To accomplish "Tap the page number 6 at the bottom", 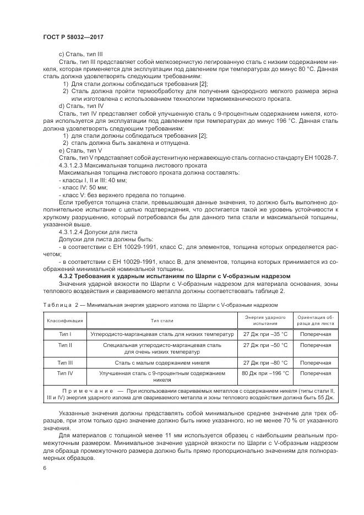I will (45, 467).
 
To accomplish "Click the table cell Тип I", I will (65, 334).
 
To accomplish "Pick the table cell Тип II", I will (65, 345).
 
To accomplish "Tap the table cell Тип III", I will (65, 362).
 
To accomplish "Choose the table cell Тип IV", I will (65, 373).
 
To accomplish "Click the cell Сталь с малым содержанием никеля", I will (154, 362).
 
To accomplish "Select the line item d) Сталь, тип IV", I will (81, 105).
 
